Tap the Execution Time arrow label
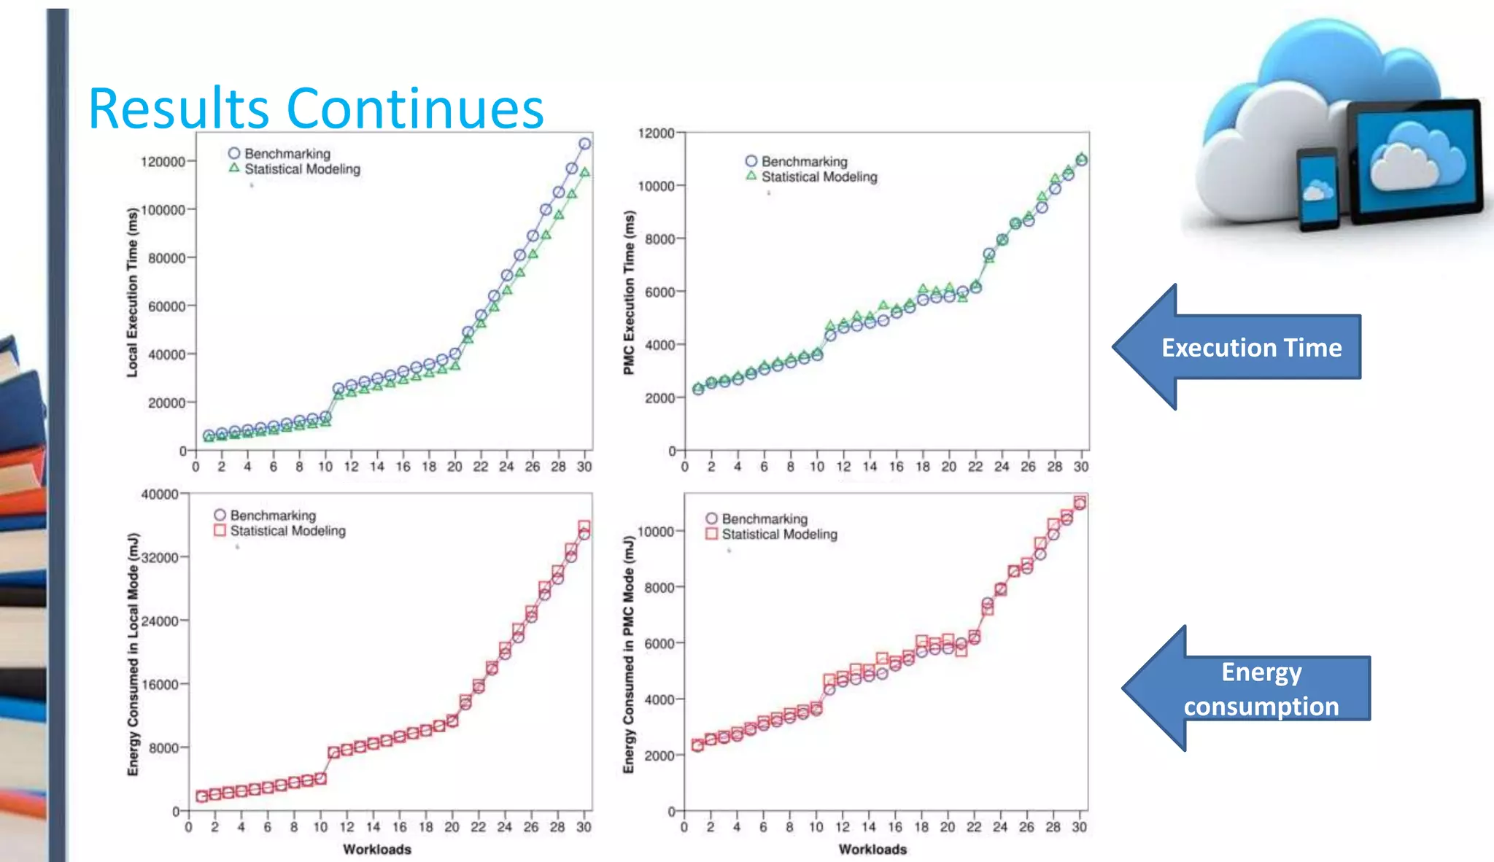coord(1251,347)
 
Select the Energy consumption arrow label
coord(1261,688)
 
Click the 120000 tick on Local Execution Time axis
coord(163,161)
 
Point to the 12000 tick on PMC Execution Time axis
coord(656,133)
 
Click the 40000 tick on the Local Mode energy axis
coord(160,494)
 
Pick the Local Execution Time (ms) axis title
coord(132,292)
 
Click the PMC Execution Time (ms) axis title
coord(629,292)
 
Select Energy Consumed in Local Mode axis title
coord(133,654)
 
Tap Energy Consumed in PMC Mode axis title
coord(629,654)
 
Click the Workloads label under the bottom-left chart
coord(377,849)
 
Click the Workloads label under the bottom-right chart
coord(872,849)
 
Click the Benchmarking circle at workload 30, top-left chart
coord(585,144)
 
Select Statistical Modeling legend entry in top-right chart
coord(819,176)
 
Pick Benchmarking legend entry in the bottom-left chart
coord(272,515)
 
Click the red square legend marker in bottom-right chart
coord(712,534)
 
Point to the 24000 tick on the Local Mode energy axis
coord(160,621)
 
